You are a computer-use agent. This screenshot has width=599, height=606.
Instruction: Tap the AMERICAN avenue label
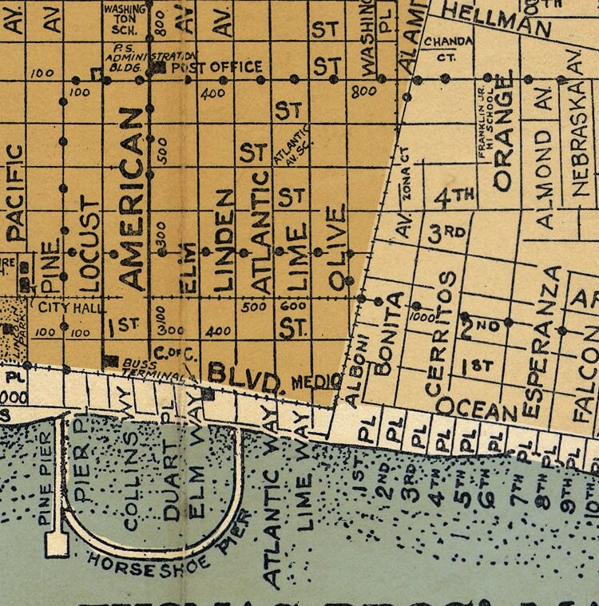pyautogui.click(x=130, y=199)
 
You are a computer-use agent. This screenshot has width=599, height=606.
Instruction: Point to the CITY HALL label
pyautogui.click(x=61, y=306)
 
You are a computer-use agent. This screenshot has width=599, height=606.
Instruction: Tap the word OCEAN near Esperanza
pyautogui.click(x=476, y=409)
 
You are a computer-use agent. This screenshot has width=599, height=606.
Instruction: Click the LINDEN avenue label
pyautogui.click(x=224, y=240)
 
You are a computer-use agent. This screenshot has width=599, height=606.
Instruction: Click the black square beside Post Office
pyautogui.click(x=159, y=68)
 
